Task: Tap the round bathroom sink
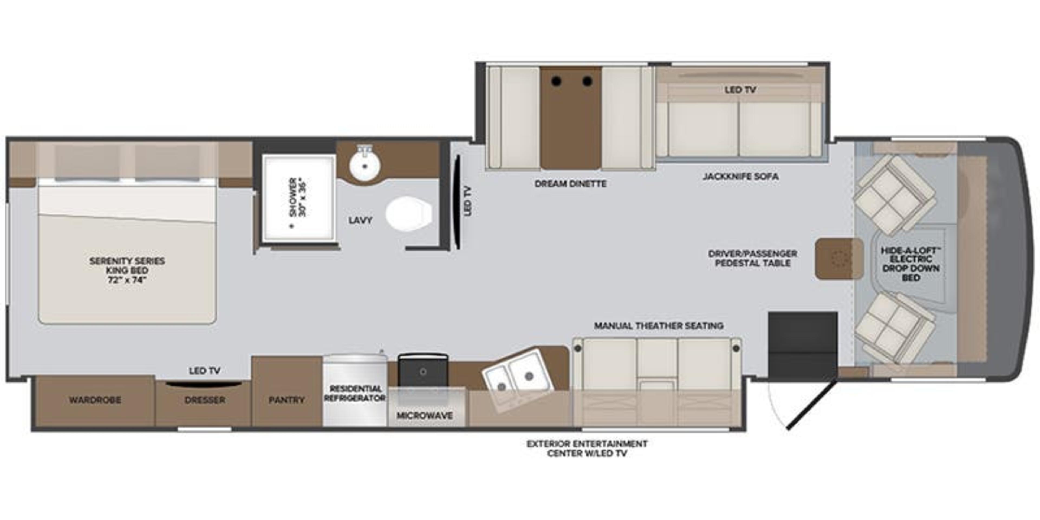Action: pyautogui.click(x=365, y=165)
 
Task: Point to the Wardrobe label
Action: pyautogui.click(x=95, y=400)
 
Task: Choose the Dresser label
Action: pyautogui.click(x=205, y=400)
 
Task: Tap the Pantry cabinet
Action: pyautogui.click(x=287, y=400)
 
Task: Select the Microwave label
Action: pyautogui.click(x=424, y=415)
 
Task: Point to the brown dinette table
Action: pyautogui.click(x=571, y=117)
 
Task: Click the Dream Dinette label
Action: pyautogui.click(x=570, y=184)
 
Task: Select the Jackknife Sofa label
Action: pyautogui.click(x=740, y=176)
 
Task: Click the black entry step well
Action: pyautogui.click(x=802, y=346)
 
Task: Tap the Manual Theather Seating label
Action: pyautogui.click(x=658, y=325)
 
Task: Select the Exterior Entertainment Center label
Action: pyautogui.click(x=587, y=448)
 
